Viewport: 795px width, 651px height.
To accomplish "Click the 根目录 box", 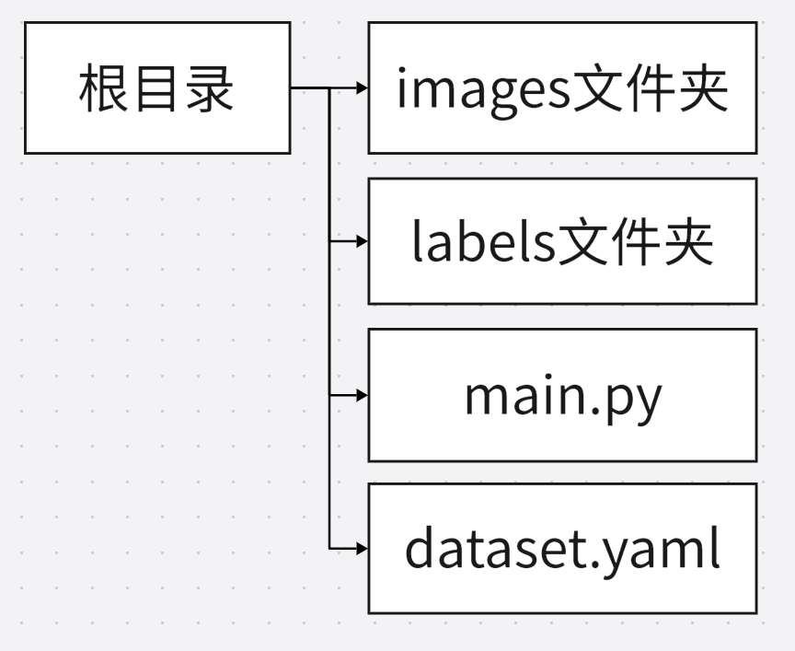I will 156,88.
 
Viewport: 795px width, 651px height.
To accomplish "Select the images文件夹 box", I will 562,88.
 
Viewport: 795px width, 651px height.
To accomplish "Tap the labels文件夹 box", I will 562,241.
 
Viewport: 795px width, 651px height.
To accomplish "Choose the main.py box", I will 562,394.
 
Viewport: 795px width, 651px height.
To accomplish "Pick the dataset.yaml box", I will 562,548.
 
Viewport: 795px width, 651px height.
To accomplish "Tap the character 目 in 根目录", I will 156,89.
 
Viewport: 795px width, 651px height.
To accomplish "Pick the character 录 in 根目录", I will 210,89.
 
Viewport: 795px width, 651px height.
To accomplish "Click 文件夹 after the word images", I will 650,89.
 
